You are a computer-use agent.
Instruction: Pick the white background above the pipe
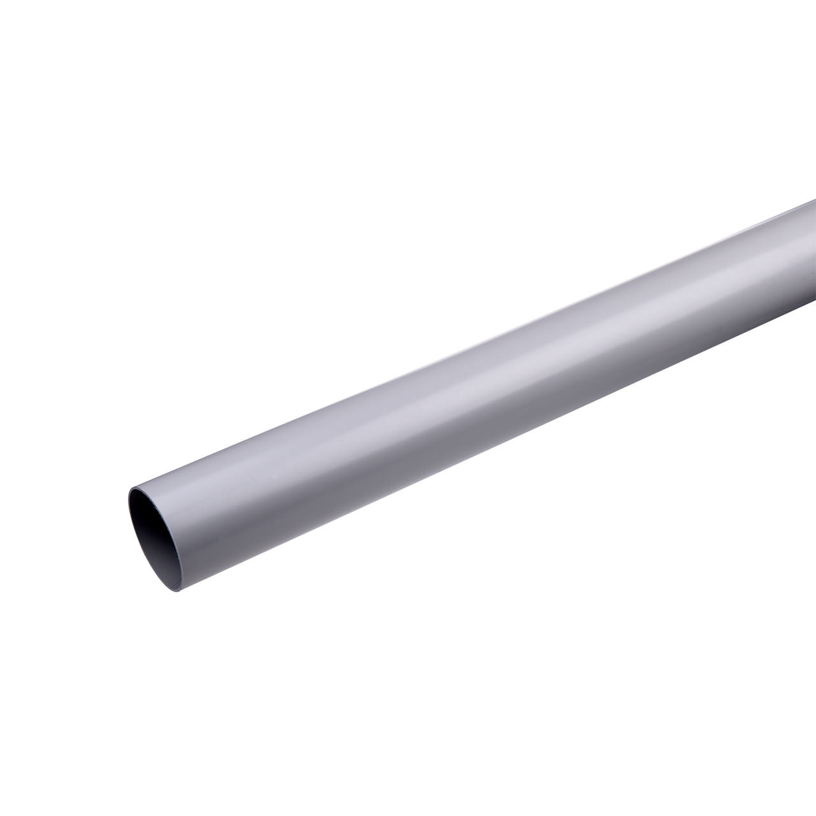[319, 191]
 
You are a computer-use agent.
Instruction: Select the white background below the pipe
[510, 637]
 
